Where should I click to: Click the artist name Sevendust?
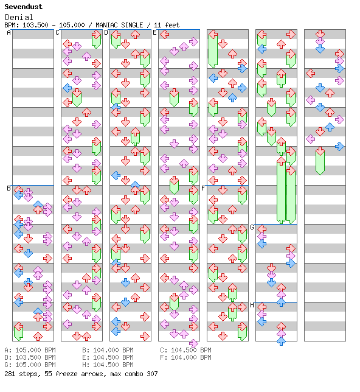point(24,7)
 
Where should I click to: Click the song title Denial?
point(19,17)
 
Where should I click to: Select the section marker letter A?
point(9,32)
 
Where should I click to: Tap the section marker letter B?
point(9,188)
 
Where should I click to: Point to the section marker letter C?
point(57,32)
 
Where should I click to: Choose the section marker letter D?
point(106,32)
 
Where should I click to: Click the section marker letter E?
point(154,32)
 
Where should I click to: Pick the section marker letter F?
point(203,188)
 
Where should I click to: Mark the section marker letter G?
point(252,227)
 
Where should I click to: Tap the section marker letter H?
point(252,305)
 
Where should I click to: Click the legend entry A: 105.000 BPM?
point(30,350)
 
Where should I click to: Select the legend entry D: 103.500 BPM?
point(30,357)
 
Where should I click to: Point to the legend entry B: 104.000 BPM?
point(108,350)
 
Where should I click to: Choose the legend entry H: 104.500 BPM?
point(108,365)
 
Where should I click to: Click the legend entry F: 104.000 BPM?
point(186,357)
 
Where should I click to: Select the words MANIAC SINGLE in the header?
point(119,25)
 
